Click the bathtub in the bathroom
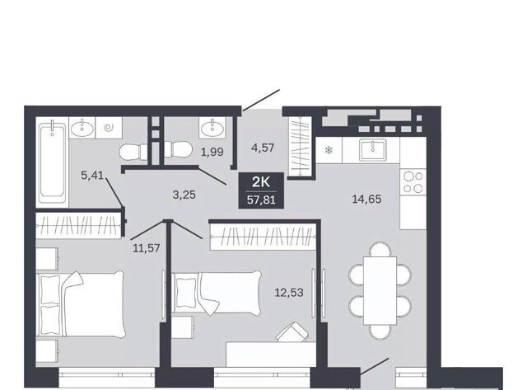point(52,163)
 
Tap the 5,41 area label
point(92,175)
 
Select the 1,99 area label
point(212,152)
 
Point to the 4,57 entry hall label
point(263,148)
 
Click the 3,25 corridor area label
point(184,195)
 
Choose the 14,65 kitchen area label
point(366,200)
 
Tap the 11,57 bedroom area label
point(147,249)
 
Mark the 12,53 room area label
point(289,293)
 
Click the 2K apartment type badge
point(261,182)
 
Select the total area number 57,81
point(261,200)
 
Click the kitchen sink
point(372,150)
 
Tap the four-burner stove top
point(413,182)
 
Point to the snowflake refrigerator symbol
point(329,150)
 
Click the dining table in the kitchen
point(380,290)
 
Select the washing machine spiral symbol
point(109,128)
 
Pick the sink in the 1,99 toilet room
point(212,128)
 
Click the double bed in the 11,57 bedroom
point(81,304)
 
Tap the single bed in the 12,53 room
point(217,293)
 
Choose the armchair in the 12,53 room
point(291,332)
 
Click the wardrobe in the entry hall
point(301,147)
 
